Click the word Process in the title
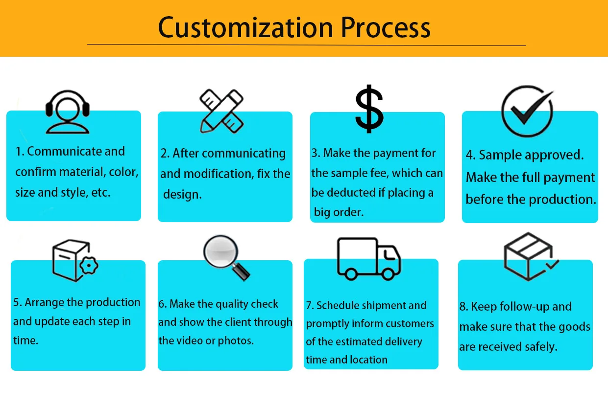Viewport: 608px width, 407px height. pos(386,27)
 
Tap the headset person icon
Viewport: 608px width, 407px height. pos(67,111)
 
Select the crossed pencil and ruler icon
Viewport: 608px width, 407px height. pos(221,111)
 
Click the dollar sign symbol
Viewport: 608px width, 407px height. pos(369,109)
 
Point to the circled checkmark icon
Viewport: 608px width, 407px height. pos(527,112)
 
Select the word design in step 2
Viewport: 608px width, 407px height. pos(182,194)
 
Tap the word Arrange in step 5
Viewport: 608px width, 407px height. pos(44,302)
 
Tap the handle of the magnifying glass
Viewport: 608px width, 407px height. pos(242,270)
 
